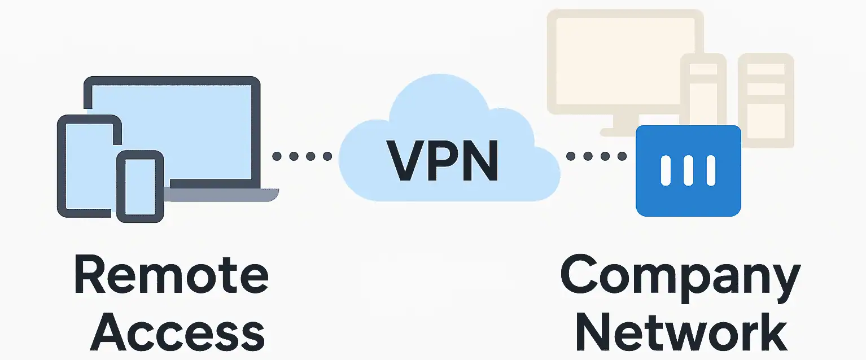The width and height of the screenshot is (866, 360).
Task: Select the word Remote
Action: (x=172, y=276)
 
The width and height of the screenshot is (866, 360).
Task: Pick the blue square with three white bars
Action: (x=688, y=170)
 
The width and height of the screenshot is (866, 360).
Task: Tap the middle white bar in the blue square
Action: (x=688, y=170)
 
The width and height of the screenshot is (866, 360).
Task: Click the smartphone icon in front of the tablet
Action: (x=140, y=186)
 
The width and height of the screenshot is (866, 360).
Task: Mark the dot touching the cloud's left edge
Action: (x=327, y=156)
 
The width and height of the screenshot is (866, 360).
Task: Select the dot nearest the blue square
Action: (x=622, y=156)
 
